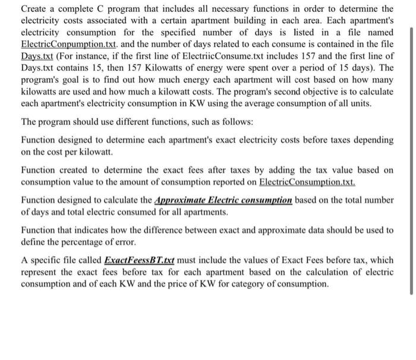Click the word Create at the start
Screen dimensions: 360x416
[x=35, y=9]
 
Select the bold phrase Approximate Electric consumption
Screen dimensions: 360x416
[x=223, y=200]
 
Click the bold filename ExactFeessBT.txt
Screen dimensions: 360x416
[x=140, y=260]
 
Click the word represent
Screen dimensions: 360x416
[x=40, y=272]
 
